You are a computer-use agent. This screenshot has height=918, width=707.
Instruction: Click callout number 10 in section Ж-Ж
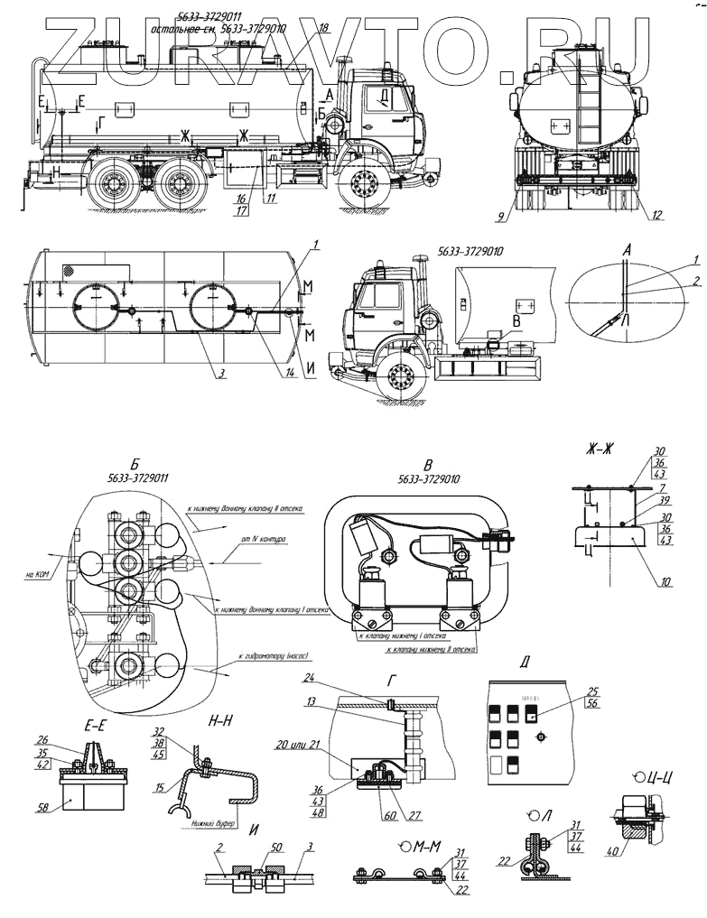pos(666,582)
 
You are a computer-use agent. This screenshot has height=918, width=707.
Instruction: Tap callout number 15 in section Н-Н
pos(160,789)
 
